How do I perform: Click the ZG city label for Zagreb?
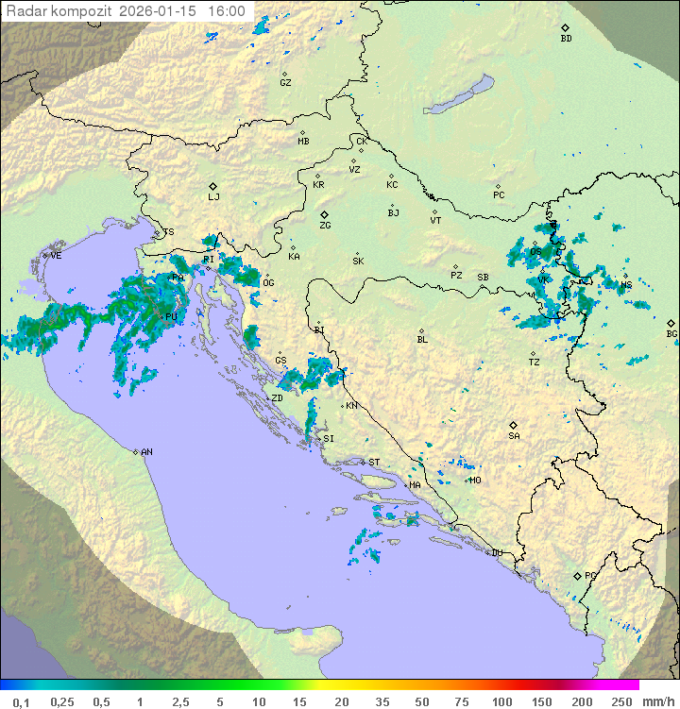[x=325, y=227]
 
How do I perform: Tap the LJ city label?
[x=213, y=197]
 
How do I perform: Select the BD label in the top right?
[x=566, y=39]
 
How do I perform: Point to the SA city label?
[x=514, y=436]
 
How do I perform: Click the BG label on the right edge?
[x=671, y=333]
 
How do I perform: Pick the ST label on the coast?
[x=374, y=463]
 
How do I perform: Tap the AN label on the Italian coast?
[x=146, y=452]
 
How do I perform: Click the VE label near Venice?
[x=56, y=256]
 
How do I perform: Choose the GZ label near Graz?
[x=285, y=83]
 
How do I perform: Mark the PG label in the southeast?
[x=590, y=575]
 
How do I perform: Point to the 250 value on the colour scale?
[x=621, y=701]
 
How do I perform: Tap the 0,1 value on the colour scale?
[x=21, y=701]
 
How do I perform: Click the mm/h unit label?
[x=657, y=701]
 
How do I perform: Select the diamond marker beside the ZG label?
[x=324, y=215]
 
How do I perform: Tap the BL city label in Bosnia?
[x=422, y=339]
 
